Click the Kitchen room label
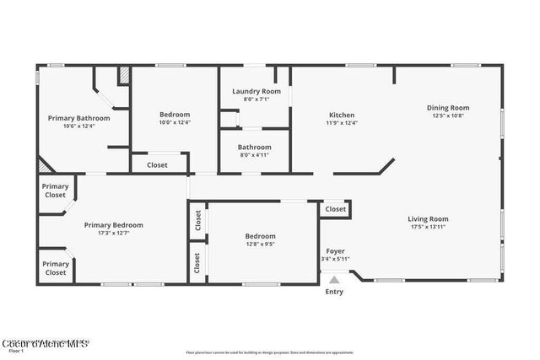[x=342, y=115]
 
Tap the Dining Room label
[x=447, y=107]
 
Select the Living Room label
[x=428, y=219]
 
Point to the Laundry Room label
[x=256, y=91]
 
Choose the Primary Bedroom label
[x=113, y=225]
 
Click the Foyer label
[x=336, y=251]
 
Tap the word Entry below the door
[x=334, y=292]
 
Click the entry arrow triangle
[x=334, y=281]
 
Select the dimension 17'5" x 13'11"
[x=428, y=227]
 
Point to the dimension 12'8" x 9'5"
[x=260, y=244]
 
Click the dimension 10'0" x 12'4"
[x=175, y=122]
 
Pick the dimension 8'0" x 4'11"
[x=255, y=154]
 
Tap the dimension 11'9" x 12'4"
[x=342, y=122]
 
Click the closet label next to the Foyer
[x=335, y=208]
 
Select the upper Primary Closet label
[x=56, y=191]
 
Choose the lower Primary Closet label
[x=56, y=268]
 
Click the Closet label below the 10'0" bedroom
[x=157, y=165]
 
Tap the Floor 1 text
[x=16, y=351]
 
